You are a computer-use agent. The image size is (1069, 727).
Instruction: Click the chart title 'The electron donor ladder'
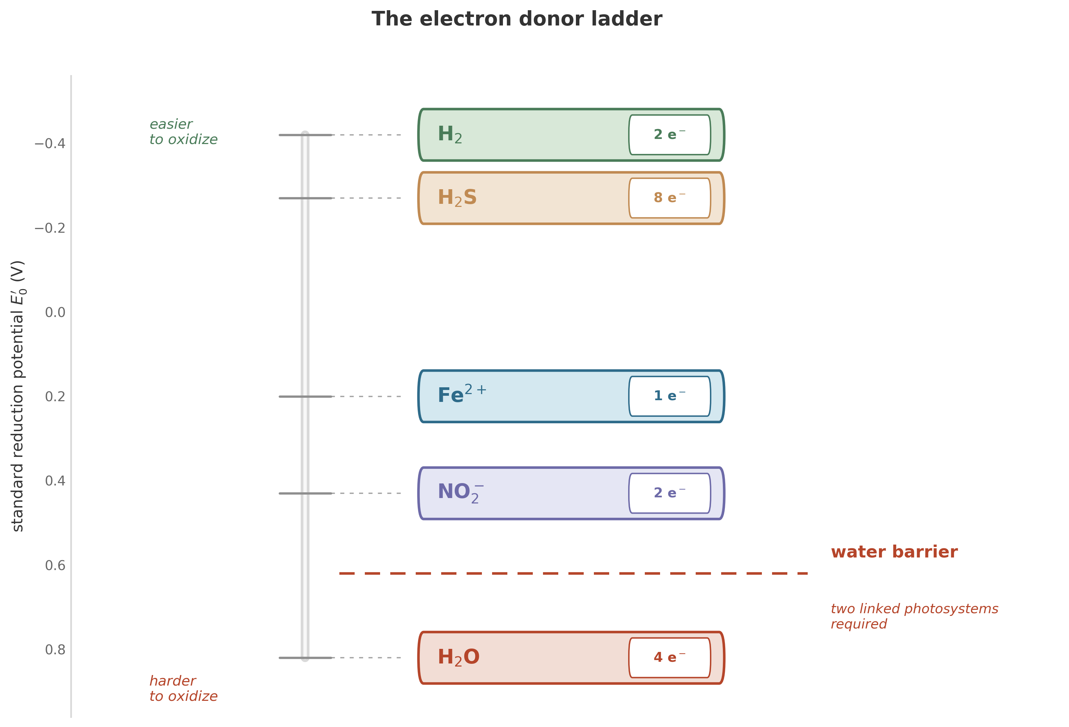tap(517, 19)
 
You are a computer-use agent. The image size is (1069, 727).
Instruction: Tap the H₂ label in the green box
tap(449, 135)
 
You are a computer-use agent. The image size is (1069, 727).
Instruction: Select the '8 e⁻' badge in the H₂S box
tap(669, 198)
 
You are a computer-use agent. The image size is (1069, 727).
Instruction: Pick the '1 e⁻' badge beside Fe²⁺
tap(669, 396)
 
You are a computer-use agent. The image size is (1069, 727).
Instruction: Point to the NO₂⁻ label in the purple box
tap(460, 493)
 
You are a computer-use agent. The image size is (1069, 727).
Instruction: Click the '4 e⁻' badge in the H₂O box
tap(669, 657)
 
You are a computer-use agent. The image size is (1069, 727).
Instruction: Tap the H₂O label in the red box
tap(458, 657)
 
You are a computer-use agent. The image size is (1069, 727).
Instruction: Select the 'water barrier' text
tap(894, 552)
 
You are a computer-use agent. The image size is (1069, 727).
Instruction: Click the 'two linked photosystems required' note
tap(914, 616)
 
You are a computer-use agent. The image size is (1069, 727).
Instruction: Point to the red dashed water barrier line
tap(573, 573)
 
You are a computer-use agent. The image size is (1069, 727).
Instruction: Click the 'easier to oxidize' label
tap(183, 132)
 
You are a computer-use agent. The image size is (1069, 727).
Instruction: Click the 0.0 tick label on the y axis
tap(55, 313)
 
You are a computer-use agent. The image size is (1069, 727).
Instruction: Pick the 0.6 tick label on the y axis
tap(55, 565)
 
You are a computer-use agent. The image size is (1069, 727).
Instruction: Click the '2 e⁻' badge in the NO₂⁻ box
tap(669, 493)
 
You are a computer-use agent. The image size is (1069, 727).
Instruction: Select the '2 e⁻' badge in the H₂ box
tap(669, 135)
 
